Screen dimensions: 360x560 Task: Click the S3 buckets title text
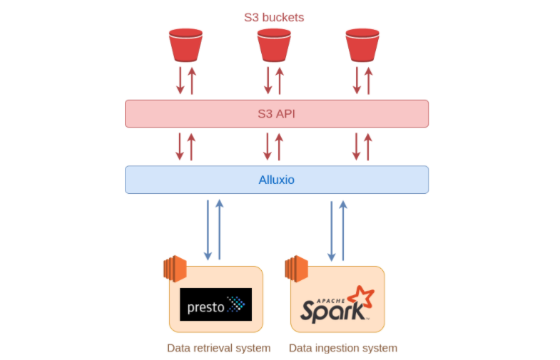(x=274, y=17)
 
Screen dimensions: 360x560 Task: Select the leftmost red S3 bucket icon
(x=185, y=45)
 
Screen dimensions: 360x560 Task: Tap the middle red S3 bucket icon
(x=274, y=45)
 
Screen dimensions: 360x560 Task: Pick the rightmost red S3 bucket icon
(x=362, y=45)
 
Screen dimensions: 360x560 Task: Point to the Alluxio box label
(x=276, y=180)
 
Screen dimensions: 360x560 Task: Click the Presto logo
(x=215, y=304)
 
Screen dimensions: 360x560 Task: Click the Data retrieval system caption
(x=218, y=348)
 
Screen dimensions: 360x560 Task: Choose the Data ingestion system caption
(x=342, y=348)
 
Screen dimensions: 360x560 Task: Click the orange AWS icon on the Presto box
(x=175, y=269)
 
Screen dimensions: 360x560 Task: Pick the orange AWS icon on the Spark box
(x=296, y=269)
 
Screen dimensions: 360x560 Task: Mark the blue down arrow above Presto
(x=208, y=230)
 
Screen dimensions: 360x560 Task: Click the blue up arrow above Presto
(x=220, y=230)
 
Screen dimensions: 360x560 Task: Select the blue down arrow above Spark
(x=332, y=230)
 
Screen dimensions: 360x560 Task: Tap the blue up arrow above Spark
(x=343, y=230)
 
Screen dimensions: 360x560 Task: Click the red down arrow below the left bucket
(x=180, y=80)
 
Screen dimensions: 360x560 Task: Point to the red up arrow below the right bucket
(x=368, y=80)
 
